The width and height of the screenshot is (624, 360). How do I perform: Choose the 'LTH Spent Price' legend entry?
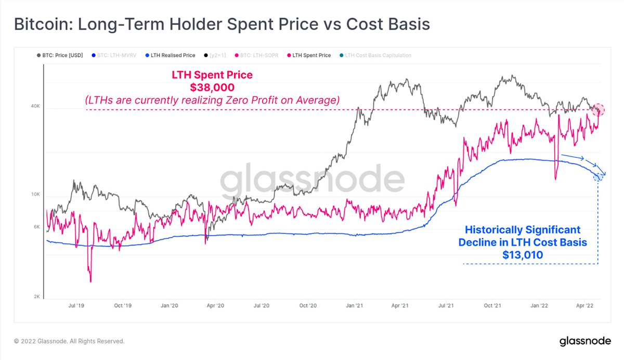311,55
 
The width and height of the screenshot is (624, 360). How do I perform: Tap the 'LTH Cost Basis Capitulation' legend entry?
378,55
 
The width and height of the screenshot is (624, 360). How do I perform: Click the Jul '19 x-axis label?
76,307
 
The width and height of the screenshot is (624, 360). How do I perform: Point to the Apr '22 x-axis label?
584,307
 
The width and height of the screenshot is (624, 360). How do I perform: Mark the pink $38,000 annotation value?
212,87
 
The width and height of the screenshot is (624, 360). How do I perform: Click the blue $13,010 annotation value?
523,255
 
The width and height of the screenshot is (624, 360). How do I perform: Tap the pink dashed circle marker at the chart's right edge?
599,109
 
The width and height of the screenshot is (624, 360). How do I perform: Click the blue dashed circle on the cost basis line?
598,177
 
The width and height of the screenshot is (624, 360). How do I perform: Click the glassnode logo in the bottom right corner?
588,342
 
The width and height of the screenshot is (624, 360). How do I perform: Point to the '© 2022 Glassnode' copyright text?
69,342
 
